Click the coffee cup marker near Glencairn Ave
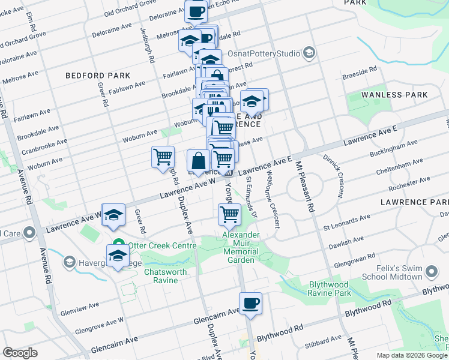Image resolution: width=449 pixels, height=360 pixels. tap(251, 303)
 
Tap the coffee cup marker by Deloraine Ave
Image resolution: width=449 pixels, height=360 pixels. tap(195, 11)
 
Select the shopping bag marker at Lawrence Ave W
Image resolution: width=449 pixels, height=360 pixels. tap(198, 161)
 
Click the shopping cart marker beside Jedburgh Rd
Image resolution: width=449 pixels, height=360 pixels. tap(163, 157)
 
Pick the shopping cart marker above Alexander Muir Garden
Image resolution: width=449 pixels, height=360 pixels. tap(229, 214)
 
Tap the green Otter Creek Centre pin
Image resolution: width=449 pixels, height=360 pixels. tap(118, 245)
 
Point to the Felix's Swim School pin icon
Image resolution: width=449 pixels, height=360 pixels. tap(431, 274)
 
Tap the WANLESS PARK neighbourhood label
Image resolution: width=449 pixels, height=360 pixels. tap(395, 95)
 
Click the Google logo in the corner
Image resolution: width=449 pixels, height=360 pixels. tap(20, 353)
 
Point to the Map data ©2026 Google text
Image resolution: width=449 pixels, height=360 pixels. tap(411, 355)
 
